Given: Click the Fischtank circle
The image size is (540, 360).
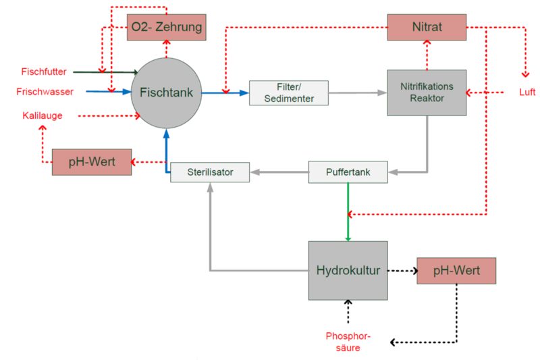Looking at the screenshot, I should [166, 93].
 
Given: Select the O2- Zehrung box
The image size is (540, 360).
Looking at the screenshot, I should [166, 27].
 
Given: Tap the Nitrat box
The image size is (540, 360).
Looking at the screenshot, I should [427, 27].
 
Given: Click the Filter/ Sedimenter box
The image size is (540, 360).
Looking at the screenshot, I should [288, 93].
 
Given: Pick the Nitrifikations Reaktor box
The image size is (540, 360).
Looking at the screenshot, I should [427, 93].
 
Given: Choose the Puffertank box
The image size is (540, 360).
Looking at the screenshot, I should [348, 172].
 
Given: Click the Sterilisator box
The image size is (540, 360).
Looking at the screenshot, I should [210, 172].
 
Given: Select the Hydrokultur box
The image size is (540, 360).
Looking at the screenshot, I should [348, 271].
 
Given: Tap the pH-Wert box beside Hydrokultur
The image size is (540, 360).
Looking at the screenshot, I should [456, 271].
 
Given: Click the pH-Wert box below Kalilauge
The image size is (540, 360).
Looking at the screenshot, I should [92, 163].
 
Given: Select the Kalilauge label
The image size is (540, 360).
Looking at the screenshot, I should [43, 116].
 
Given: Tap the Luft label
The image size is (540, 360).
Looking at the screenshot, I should [527, 92].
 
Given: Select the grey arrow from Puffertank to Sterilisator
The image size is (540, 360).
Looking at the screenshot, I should [279, 173].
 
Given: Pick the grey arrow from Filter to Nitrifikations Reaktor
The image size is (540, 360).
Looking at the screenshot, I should [358, 93].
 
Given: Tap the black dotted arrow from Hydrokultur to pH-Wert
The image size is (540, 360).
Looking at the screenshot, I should [402, 271].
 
